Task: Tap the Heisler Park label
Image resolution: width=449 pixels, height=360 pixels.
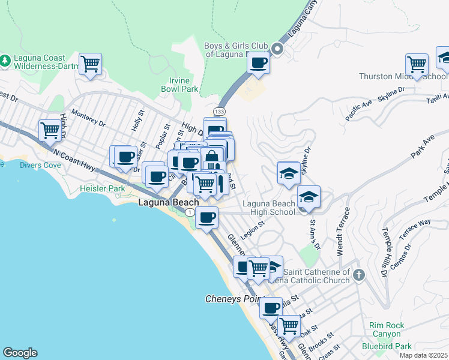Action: [102, 188]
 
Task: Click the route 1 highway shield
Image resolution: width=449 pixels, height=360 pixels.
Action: [190, 213]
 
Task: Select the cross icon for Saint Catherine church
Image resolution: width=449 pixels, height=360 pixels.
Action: [358, 275]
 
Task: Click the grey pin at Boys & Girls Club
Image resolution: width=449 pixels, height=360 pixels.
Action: [277, 49]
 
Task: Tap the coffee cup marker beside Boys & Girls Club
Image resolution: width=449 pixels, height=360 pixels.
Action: [259, 62]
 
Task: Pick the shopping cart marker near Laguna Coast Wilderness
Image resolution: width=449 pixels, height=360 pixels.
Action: [90, 64]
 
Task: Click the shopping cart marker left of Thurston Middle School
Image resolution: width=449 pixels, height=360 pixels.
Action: [417, 64]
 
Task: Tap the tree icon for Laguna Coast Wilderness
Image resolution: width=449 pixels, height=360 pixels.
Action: [5, 60]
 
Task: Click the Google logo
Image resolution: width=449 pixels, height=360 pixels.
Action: [20, 353]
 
